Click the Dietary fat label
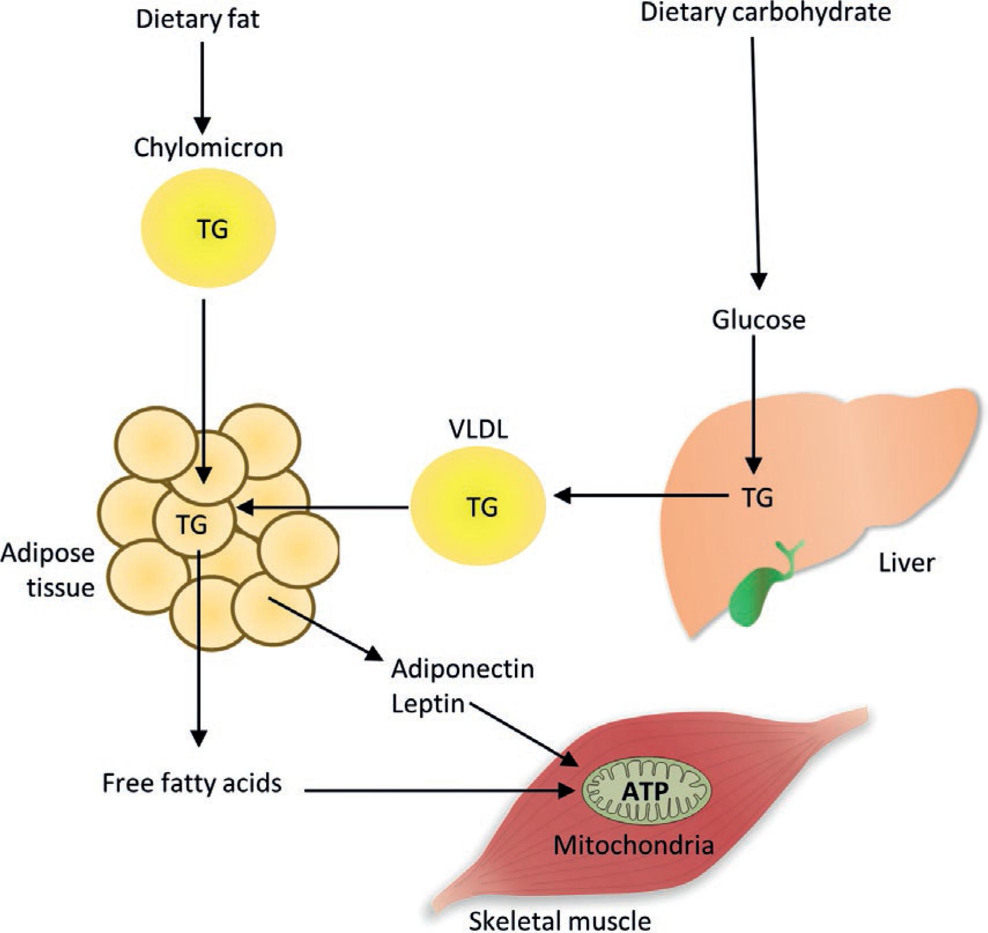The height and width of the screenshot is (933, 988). click(197, 19)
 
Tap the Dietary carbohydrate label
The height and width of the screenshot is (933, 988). click(765, 13)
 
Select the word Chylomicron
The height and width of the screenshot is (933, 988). click(208, 148)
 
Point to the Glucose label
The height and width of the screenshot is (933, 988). click(758, 320)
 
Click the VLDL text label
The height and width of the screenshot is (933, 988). click(478, 429)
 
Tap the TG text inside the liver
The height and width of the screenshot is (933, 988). click(757, 497)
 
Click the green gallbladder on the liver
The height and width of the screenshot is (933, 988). click(752, 596)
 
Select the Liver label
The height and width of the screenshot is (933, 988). click(906, 563)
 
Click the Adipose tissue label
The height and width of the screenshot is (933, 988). click(47, 571)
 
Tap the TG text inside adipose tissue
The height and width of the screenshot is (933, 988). click(192, 525)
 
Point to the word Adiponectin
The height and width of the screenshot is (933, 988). click(462, 669)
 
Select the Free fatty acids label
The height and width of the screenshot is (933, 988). click(191, 783)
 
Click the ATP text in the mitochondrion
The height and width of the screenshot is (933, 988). click(645, 791)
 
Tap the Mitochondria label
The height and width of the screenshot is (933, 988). click(633, 846)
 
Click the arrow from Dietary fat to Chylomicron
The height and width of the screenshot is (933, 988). click(202, 87)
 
